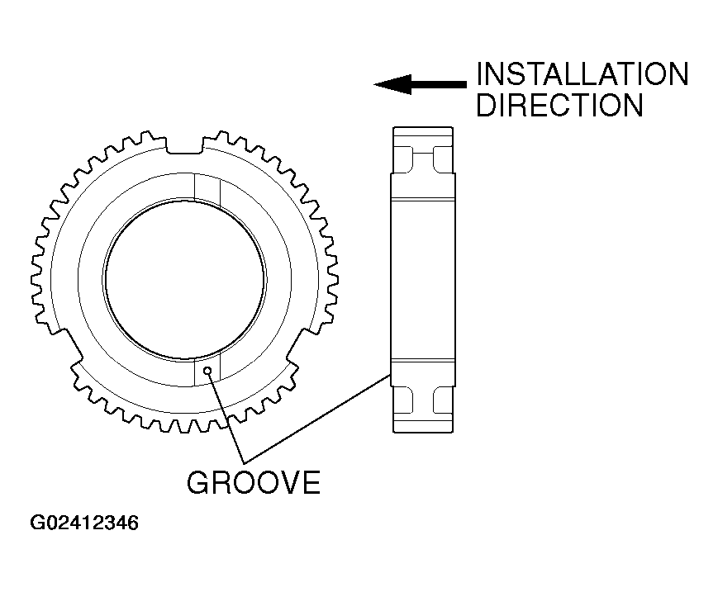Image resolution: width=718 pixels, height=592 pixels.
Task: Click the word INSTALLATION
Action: point(582,74)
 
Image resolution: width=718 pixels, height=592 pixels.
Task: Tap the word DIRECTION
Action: point(559,105)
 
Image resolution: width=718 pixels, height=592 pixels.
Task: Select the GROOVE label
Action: point(253,482)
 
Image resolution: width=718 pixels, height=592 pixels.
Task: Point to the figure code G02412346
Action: point(84,523)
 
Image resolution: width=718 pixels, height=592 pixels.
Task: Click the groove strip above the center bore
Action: point(207,188)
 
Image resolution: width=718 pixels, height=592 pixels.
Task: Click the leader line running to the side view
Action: point(322,416)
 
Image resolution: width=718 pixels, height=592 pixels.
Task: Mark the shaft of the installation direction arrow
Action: point(438,84)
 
